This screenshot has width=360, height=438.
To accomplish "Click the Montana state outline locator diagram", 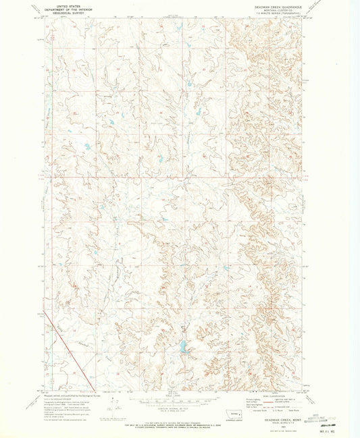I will pos(234,413).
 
